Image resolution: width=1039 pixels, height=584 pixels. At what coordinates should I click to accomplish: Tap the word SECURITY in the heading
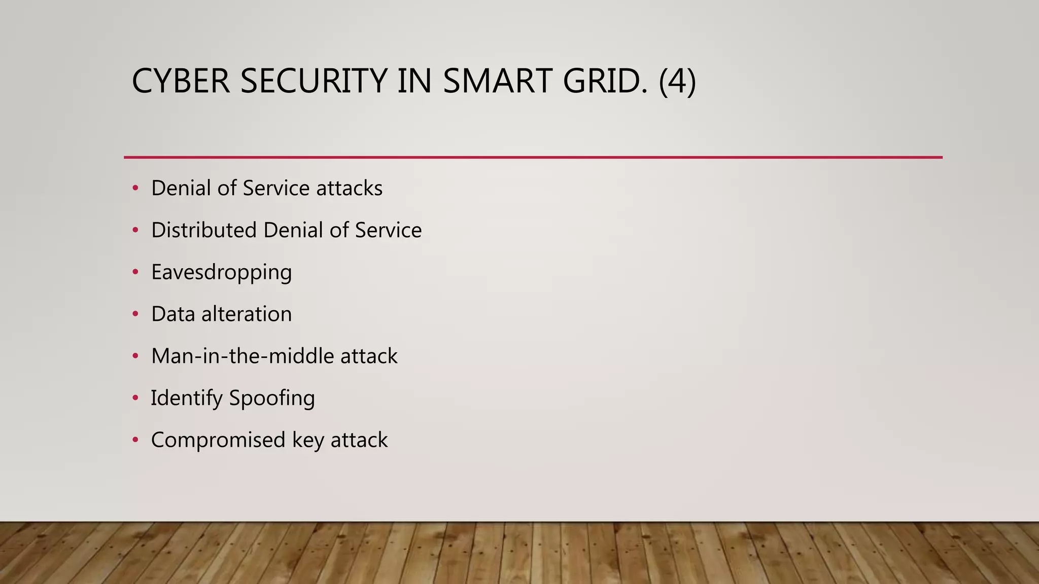(x=313, y=81)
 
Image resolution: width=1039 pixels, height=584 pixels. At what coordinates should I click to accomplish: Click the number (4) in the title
(x=677, y=82)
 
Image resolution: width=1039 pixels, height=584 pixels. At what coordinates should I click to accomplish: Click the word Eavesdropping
(x=221, y=273)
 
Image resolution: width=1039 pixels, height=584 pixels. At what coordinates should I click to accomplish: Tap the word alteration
(x=247, y=314)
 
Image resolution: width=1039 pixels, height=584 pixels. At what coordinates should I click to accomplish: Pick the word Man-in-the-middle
(x=242, y=356)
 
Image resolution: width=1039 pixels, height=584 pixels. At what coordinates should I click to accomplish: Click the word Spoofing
(x=272, y=398)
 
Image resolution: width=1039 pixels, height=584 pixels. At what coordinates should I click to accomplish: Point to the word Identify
(x=186, y=398)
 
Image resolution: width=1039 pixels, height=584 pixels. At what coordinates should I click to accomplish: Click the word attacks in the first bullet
(x=349, y=189)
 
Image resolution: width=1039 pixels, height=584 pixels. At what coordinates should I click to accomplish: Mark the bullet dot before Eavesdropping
(x=135, y=272)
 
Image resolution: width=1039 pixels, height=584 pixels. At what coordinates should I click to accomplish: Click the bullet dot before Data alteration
(x=135, y=314)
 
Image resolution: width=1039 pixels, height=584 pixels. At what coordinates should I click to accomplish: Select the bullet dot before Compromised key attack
(x=135, y=440)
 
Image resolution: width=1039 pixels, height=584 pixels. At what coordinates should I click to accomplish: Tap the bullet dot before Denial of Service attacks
(x=135, y=188)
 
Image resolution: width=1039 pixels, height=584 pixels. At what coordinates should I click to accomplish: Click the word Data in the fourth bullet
(x=173, y=314)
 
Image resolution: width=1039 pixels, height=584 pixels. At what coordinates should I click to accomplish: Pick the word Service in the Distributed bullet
(x=388, y=230)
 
